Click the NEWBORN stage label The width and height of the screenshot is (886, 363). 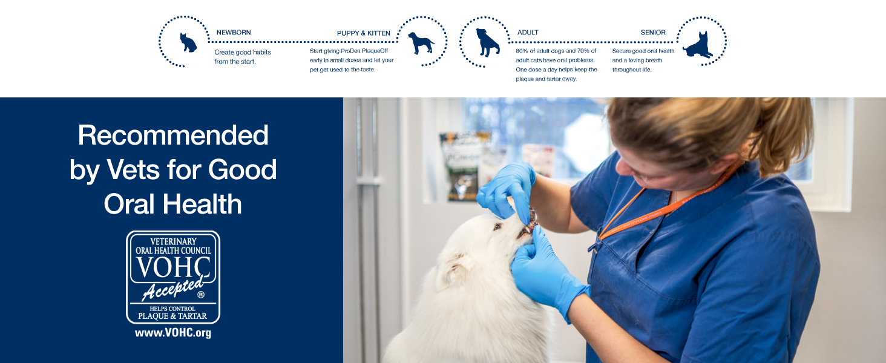pyautogui.click(x=234, y=33)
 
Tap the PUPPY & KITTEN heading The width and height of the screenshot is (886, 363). pyautogui.click(x=364, y=33)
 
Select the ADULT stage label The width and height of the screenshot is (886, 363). pyautogui.click(x=528, y=33)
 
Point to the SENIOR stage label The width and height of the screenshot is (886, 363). pyautogui.click(x=653, y=33)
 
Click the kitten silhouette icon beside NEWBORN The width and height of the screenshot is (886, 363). pyautogui.click(x=188, y=42)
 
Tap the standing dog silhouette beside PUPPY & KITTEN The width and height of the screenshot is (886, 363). pyautogui.click(x=421, y=43)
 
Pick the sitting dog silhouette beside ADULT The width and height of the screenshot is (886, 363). pyautogui.click(x=487, y=42)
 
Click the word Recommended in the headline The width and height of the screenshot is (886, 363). pyautogui.click(x=173, y=136)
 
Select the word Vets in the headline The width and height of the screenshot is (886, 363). pyautogui.click(x=133, y=169)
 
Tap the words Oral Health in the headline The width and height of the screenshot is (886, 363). pyautogui.click(x=173, y=204)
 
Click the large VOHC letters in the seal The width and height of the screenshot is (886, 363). pyautogui.click(x=173, y=267)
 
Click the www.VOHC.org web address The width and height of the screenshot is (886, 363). pyautogui.click(x=173, y=333)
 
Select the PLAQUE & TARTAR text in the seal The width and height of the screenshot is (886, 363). pyautogui.click(x=172, y=316)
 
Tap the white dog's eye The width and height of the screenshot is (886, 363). pyautogui.click(x=497, y=227)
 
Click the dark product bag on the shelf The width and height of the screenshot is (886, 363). pyautogui.click(x=463, y=166)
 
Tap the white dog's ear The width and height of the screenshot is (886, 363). pyautogui.click(x=455, y=271)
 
